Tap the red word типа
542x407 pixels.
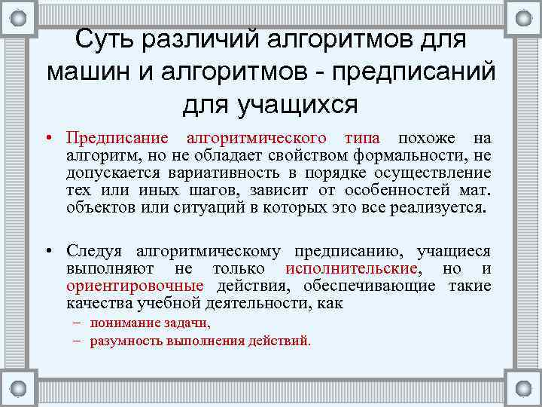point(362,138)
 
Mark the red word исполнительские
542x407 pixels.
point(352,268)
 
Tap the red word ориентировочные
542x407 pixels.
point(135,286)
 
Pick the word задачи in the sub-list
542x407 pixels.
point(187,323)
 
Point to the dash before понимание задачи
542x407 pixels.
point(78,323)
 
